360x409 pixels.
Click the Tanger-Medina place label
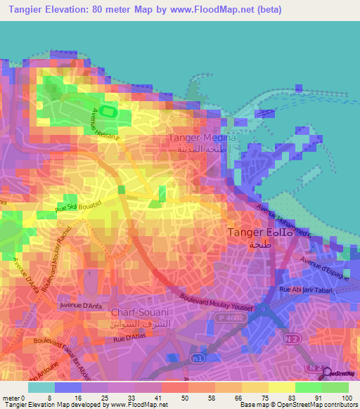[x=204, y=138]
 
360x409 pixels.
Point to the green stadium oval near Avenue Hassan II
[x=108, y=110]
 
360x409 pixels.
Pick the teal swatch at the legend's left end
[x=41, y=387]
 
